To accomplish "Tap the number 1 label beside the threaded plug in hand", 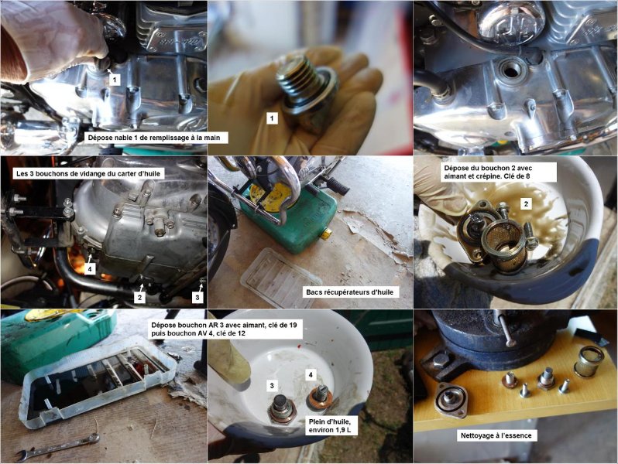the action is [x=272, y=118].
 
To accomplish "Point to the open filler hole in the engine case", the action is [x=512, y=71].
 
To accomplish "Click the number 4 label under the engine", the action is [x=91, y=269].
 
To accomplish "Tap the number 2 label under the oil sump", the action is [x=139, y=298].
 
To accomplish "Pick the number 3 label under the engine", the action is [x=197, y=298].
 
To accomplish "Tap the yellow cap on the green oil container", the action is [x=326, y=235].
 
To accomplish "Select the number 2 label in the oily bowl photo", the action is [x=525, y=204].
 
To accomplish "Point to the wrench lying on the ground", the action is [x=58, y=448].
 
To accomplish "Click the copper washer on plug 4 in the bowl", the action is [x=319, y=398].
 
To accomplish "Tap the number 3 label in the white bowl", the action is [x=272, y=386].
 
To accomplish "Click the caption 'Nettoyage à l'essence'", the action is [x=496, y=435].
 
